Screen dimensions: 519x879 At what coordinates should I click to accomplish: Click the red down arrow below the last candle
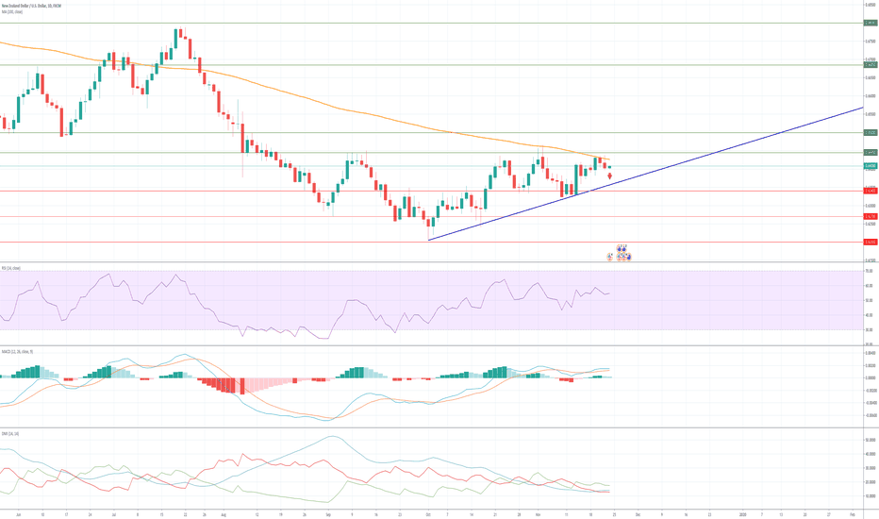(x=609, y=176)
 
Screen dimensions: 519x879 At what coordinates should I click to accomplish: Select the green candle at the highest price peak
(x=177, y=36)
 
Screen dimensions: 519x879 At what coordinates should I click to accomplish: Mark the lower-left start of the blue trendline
(x=428, y=240)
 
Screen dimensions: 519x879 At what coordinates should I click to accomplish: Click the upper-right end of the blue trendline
(x=860, y=109)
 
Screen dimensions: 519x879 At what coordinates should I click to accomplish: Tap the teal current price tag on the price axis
(x=871, y=166)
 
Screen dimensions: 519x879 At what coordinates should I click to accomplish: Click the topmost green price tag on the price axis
(x=871, y=22)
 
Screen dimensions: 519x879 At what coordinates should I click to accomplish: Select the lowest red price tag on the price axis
(x=871, y=242)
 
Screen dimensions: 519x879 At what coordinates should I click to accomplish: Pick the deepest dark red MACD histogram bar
(x=242, y=386)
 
